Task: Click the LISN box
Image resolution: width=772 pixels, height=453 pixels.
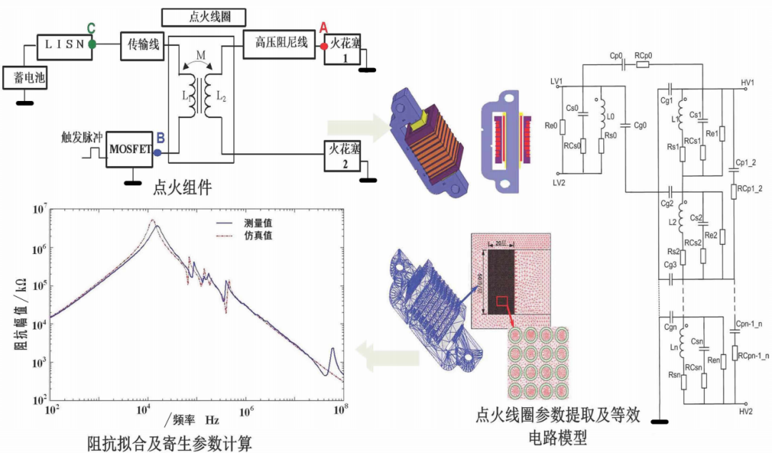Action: (x=65, y=44)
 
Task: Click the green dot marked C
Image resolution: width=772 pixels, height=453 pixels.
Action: (x=91, y=44)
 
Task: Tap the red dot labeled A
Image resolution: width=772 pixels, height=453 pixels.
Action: (x=324, y=46)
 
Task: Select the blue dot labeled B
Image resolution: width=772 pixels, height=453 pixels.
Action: (x=157, y=152)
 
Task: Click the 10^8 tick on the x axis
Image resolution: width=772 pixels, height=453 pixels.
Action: (x=343, y=411)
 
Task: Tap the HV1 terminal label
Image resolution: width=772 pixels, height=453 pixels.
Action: (x=747, y=82)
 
